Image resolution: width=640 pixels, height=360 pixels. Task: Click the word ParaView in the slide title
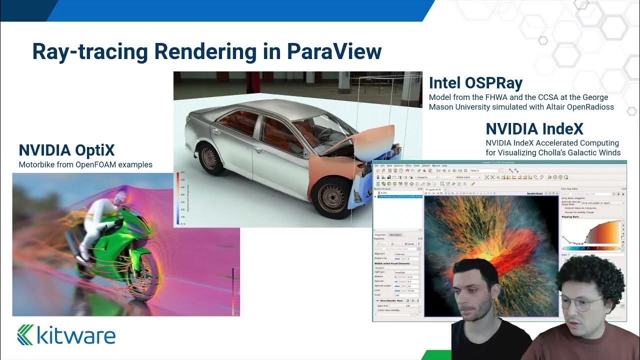click(333, 51)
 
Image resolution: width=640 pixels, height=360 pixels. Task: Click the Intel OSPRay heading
click(475, 83)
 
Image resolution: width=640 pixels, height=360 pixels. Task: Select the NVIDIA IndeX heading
click(534, 129)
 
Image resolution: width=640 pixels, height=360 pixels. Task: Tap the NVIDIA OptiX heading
click(66, 150)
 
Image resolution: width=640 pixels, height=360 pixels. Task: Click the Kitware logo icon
click(25, 334)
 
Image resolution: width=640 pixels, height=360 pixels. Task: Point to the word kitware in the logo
click(76, 335)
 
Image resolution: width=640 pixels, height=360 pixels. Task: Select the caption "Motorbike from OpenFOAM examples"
click(85, 164)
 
